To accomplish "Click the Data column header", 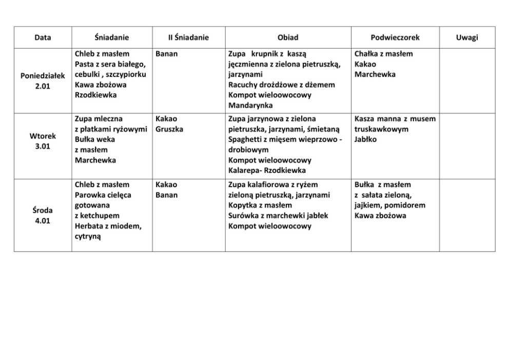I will (x=43, y=37).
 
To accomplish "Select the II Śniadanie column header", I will (x=189, y=37).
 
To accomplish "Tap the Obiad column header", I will (x=288, y=37).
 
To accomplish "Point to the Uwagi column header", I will (x=467, y=37).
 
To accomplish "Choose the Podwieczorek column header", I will (x=395, y=37).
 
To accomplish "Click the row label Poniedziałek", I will (x=43, y=75).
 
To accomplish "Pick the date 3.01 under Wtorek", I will (x=43, y=147).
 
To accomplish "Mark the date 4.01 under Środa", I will (x=43, y=221).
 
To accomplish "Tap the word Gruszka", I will (x=169, y=129).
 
